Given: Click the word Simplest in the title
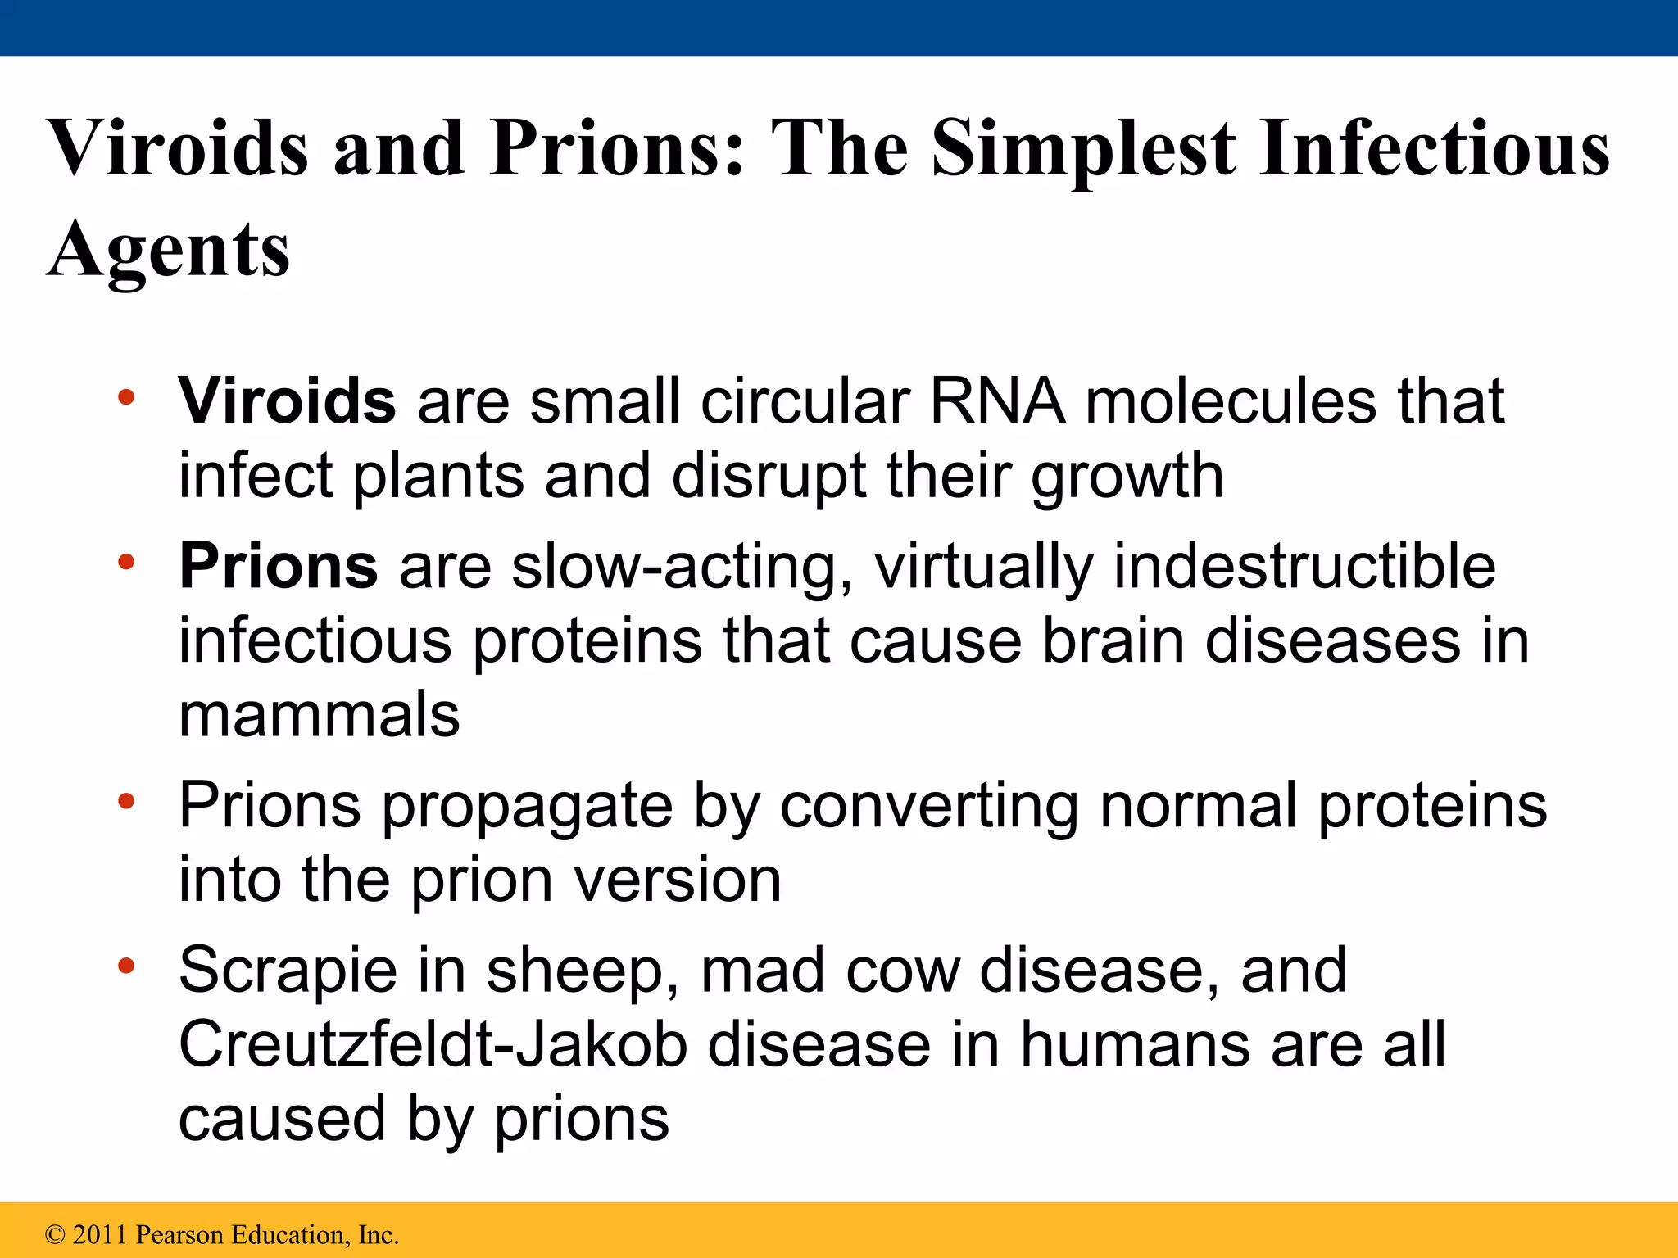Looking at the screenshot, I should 1082,150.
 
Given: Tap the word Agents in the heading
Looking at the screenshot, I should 169,249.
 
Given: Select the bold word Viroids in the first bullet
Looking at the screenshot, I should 288,401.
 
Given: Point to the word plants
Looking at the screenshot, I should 438,476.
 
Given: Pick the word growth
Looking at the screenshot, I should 1127,477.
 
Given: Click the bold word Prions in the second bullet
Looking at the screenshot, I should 279,566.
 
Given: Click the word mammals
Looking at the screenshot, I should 320,715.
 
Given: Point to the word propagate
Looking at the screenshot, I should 528,808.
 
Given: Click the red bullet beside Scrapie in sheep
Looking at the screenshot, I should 125,966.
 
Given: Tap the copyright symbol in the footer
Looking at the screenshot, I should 55,1234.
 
